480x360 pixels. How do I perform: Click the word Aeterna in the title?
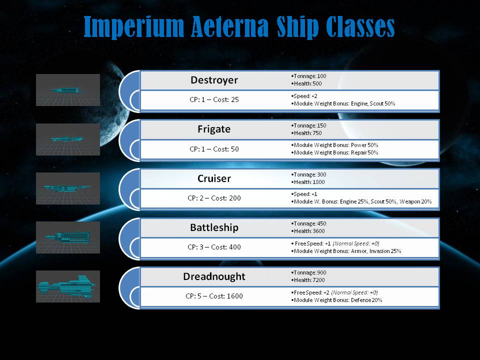click(230, 26)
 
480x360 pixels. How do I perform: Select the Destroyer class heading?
click(214, 80)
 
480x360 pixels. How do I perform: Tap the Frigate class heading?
click(214, 129)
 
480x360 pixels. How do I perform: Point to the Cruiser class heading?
click(214, 178)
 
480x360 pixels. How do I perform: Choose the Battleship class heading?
click(214, 227)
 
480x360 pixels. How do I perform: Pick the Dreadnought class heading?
click(214, 276)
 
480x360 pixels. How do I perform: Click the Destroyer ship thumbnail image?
click(68, 90)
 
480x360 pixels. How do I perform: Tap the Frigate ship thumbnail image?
click(68, 139)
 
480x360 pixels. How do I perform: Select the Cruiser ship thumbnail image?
click(68, 188)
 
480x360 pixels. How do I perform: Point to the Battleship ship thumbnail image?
click(68, 237)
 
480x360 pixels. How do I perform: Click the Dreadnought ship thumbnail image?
click(68, 286)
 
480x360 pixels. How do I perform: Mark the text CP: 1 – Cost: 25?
click(214, 99)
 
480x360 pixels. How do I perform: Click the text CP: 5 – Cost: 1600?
click(214, 296)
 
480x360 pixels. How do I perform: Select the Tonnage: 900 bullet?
click(308, 272)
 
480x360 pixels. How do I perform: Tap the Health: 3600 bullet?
click(307, 231)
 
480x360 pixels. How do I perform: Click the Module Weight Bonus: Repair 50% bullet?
click(334, 152)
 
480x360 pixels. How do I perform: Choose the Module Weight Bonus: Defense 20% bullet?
click(336, 300)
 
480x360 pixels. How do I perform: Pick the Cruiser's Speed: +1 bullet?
click(304, 194)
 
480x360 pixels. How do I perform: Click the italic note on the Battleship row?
click(356, 243)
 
